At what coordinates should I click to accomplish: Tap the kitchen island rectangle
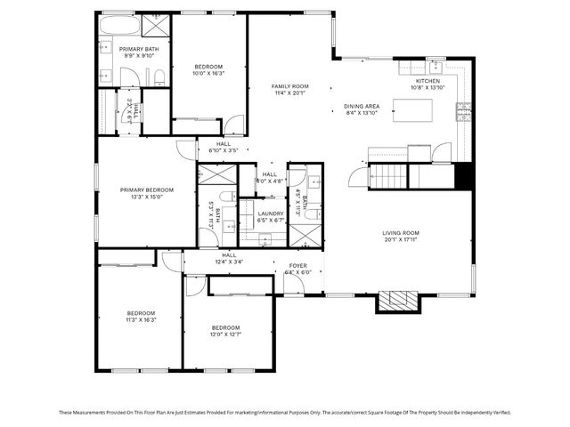[413, 110]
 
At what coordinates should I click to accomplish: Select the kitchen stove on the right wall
[462, 111]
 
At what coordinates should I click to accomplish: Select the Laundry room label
[271, 213]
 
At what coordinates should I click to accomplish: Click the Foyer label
[297, 266]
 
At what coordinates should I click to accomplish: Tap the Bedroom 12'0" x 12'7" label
[226, 328]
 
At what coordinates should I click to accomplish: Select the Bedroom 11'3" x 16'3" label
[141, 313]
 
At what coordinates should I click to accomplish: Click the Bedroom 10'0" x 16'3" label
[208, 67]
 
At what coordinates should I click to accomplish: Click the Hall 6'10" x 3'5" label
[224, 144]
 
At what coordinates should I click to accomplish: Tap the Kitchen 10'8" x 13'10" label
[427, 82]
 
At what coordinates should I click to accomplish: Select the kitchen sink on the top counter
[436, 67]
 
